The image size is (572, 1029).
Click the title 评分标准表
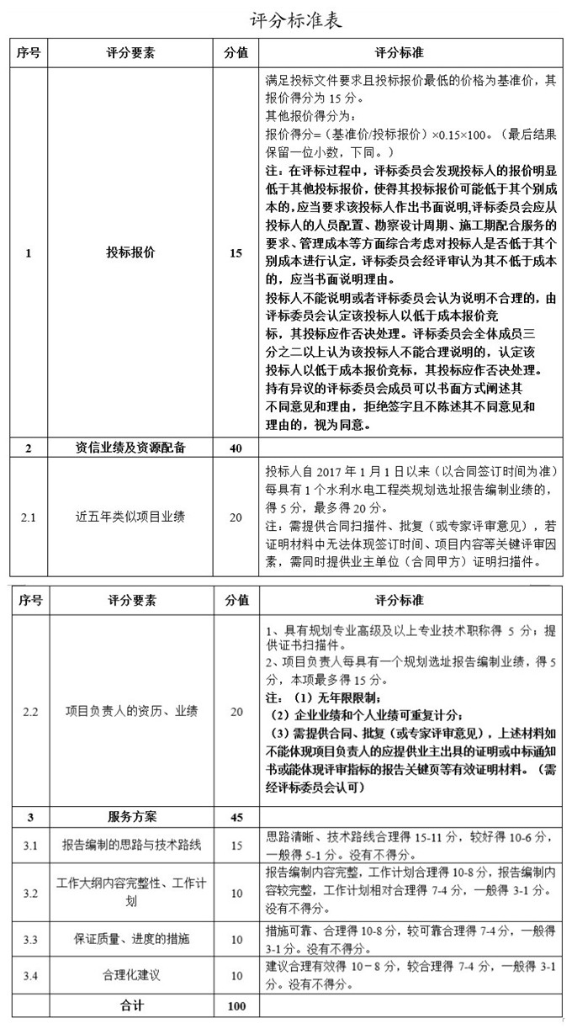click(285, 19)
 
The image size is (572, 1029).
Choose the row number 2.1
click(29, 517)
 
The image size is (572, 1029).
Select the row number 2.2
click(30, 712)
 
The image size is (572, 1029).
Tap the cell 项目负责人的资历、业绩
click(131, 712)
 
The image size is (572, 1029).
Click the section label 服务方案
click(132, 816)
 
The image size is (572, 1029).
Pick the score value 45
click(236, 816)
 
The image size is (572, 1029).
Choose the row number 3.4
click(30, 976)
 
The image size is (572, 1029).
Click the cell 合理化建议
click(131, 976)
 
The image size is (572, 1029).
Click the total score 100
click(236, 1005)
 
